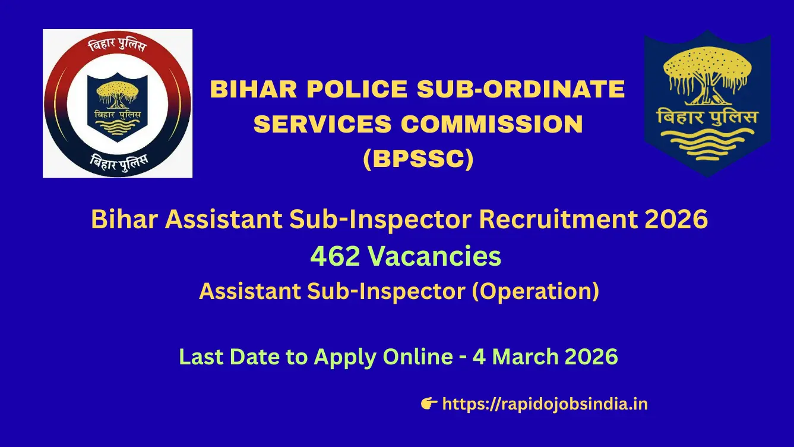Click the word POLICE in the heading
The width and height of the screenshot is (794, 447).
pos(358,89)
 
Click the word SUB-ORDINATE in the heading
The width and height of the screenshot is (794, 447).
pos(521,89)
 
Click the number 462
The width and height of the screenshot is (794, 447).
pos(336,256)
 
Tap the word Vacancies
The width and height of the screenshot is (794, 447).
pos(435,256)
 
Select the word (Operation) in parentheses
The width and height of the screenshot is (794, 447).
pos(536,292)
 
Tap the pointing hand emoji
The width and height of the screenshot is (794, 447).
pos(429,404)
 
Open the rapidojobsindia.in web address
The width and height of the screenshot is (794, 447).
pos(545,404)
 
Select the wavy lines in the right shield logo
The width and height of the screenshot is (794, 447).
pos(707,144)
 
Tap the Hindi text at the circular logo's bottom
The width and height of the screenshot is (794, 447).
pos(119,163)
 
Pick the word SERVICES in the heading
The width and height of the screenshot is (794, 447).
pos(322,124)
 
